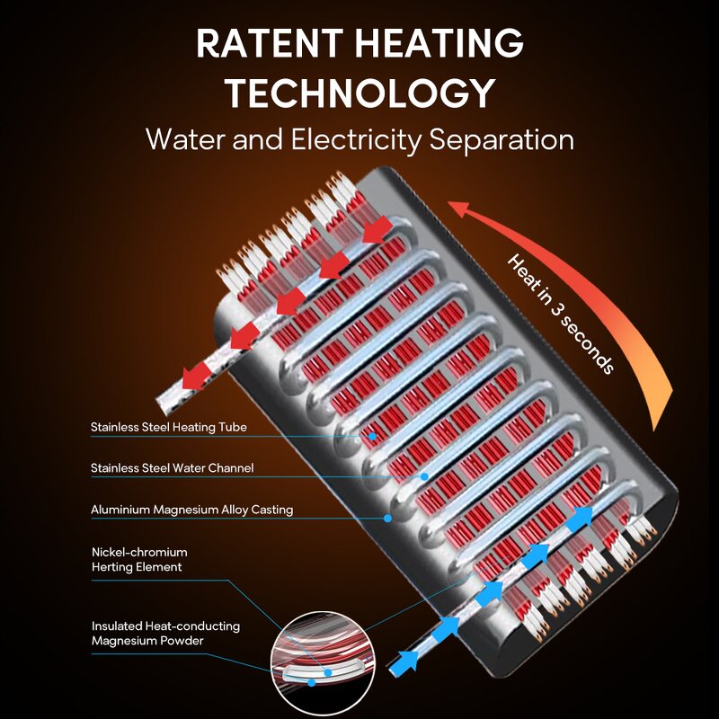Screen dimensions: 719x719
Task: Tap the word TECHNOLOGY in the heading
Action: tap(359, 93)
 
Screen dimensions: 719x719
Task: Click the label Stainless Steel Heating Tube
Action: tap(168, 427)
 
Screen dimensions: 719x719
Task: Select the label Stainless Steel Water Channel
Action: tap(172, 468)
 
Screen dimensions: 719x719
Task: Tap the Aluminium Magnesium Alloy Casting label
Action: tap(191, 510)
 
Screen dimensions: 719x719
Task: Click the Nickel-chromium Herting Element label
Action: tap(138, 559)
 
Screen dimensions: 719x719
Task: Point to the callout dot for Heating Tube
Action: tap(372, 435)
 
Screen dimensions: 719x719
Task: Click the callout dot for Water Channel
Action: tap(424, 475)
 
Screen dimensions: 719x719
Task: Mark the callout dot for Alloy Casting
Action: tap(387, 517)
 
